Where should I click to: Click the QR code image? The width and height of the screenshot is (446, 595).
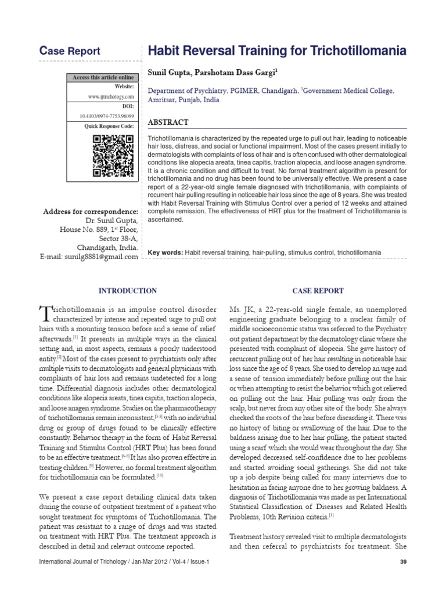[x=113, y=156]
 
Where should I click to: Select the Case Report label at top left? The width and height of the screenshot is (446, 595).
[x=69, y=51]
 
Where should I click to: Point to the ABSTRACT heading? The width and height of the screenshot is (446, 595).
[x=168, y=122]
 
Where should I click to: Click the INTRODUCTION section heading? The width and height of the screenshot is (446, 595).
[x=128, y=291]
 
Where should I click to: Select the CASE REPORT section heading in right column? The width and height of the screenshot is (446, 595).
[x=318, y=291]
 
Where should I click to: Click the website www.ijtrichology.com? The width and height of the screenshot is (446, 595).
[x=111, y=96]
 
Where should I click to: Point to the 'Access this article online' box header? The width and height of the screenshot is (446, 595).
[x=102, y=77]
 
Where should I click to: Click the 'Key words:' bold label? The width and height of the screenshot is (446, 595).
[x=166, y=253]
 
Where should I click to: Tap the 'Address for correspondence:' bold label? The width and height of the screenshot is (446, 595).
[x=91, y=211]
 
